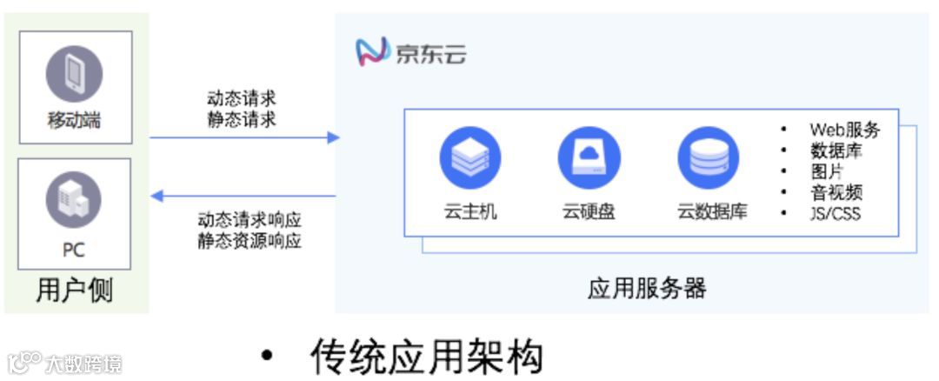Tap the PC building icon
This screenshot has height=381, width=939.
(74, 198)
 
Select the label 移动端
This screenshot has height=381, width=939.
(74, 120)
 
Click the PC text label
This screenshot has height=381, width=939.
(74, 250)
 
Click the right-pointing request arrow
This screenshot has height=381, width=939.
(243, 137)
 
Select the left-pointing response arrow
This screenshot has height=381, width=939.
(243, 197)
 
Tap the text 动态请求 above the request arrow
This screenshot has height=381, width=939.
(242, 98)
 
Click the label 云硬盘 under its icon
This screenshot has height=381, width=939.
(589, 211)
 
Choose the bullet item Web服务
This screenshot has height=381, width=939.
(844, 130)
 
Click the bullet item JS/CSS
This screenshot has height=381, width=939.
(834, 213)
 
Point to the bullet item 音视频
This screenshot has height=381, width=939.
(836, 192)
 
